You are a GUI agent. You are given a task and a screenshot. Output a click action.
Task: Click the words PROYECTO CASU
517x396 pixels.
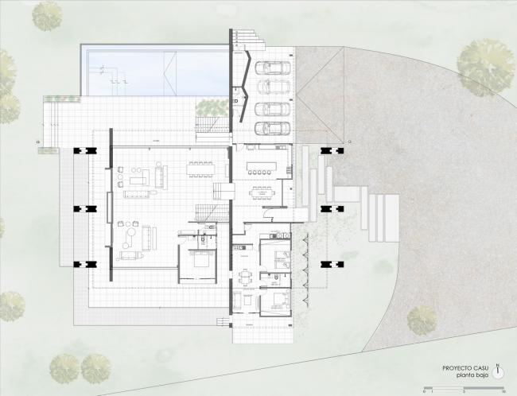(467, 367)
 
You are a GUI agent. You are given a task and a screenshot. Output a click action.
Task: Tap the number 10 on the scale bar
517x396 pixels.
(504, 391)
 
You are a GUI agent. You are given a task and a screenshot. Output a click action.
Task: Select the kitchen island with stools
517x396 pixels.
(260, 169)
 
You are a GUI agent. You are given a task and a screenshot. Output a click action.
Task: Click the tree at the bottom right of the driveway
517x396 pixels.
(422, 320)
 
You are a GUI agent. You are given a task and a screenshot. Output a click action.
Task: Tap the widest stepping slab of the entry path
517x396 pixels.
(348, 193)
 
